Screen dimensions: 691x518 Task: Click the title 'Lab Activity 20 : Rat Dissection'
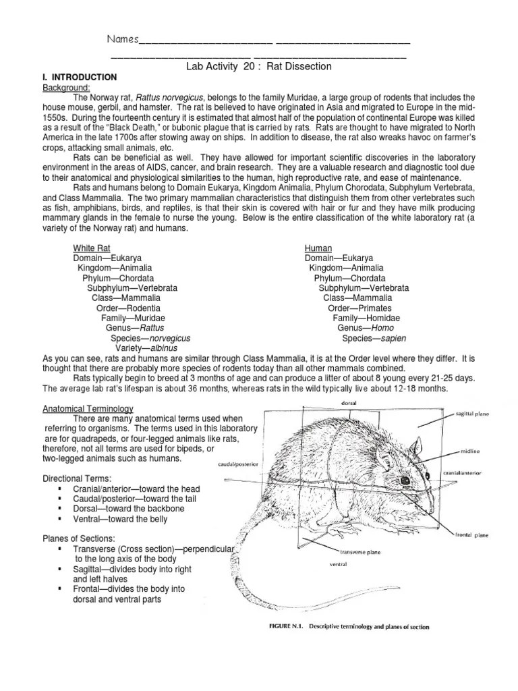tap(258, 66)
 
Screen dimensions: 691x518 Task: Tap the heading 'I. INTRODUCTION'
tap(80, 77)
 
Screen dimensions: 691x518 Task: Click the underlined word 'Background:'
tap(67, 88)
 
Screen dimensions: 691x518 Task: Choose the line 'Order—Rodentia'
tap(128, 308)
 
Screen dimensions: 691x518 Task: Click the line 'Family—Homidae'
tap(366, 318)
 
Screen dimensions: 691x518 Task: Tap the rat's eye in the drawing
tap(405, 480)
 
